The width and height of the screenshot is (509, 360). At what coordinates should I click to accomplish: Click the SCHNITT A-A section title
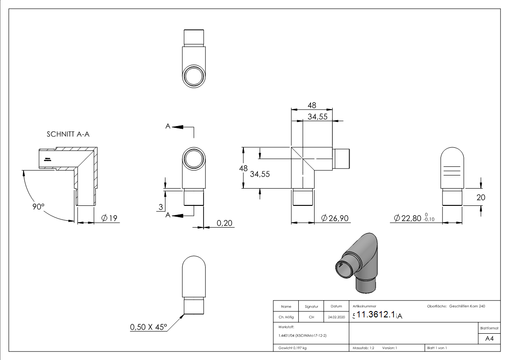[x=70, y=135]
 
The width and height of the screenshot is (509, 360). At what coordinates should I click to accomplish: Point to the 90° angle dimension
[x=38, y=206]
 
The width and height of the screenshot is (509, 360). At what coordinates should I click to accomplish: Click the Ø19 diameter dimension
[x=109, y=219]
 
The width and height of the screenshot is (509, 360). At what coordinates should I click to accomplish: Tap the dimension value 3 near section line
[x=161, y=208]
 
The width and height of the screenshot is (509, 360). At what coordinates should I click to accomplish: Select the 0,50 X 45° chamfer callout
[x=148, y=327]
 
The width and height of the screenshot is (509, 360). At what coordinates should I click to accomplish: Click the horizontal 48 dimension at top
[x=312, y=105]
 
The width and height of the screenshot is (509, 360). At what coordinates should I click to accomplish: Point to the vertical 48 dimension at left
[x=243, y=168]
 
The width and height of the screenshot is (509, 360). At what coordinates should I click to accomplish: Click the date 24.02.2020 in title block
[x=335, y=317]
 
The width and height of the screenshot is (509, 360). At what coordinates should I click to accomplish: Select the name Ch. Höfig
[x=286, y=317]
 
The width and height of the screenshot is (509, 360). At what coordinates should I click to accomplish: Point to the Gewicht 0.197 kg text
[x=292, y=348]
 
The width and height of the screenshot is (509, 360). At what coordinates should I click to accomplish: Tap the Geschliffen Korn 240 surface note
[x=467, y=306]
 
